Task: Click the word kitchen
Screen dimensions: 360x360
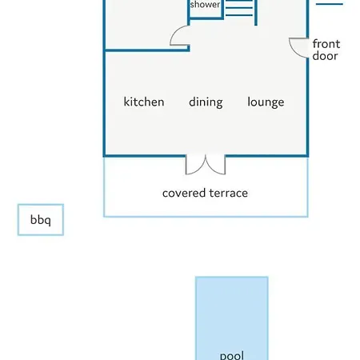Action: (144, 102)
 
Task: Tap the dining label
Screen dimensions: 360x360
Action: (206, 102)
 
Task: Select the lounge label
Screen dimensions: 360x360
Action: (266, 102)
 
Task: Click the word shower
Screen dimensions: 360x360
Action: (205, 4)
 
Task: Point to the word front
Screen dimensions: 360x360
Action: (326, 44)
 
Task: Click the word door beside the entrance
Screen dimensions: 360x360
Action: (325, 56)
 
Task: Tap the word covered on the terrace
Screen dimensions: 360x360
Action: (184, 193)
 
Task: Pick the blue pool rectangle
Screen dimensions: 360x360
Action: (231, 318)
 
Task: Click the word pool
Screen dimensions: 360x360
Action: (231, 355)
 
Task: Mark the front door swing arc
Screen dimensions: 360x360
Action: (294, 51)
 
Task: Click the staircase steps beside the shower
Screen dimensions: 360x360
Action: (239, 8)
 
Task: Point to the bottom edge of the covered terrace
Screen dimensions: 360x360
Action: (206, 216)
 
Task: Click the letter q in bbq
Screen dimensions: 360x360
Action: (47, 222)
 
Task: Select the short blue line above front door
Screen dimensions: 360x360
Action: (330, 4)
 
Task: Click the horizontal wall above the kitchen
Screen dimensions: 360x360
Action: (147, 50)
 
